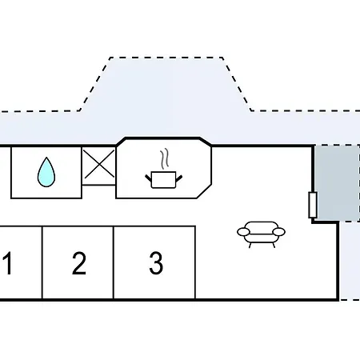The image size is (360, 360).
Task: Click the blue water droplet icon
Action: [46, 172]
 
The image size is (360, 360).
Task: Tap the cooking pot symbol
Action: [163, 179]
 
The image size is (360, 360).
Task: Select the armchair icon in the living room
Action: [261, 234]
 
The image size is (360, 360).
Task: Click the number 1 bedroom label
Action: [8, 263]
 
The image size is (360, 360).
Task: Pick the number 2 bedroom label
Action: [79, 263]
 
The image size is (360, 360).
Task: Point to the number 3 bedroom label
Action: [156, 263]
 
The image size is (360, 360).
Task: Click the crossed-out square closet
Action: [99, 166]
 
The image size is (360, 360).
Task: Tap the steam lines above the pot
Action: [165, 159]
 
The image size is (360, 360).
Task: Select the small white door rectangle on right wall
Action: [313, 205]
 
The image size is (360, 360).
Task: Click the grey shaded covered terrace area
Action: [338, 183]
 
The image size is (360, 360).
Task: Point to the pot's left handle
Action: [149, 178]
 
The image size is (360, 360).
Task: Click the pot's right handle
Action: [179, 178]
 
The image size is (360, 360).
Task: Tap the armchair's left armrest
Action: [243, 232]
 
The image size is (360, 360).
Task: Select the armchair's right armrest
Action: [279, 232]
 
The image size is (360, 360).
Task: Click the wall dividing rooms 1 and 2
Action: [42, 263]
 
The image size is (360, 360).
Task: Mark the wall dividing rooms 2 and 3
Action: [114, 263]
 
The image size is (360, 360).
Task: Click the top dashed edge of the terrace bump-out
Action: [166, 58]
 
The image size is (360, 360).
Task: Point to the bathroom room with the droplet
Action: [46, 172]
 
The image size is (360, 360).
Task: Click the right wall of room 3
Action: [195, 263]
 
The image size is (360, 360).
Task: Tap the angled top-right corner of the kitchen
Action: [206, 142]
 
